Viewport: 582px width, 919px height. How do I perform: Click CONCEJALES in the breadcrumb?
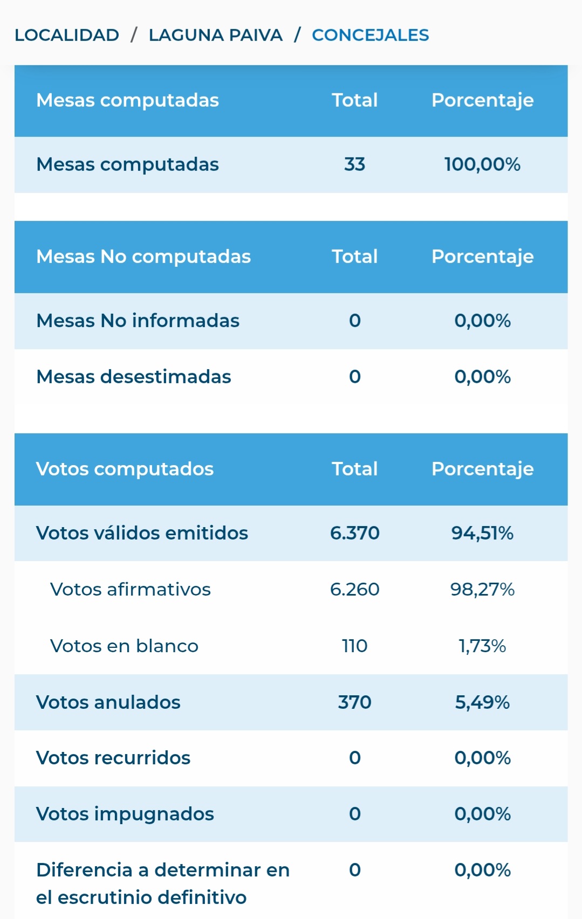370,35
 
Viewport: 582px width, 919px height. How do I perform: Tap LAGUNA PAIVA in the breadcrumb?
215,35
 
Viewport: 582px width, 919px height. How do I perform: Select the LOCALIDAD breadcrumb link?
67,35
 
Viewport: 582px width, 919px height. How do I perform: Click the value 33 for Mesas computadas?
354,164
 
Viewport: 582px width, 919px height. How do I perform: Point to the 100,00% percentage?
482,164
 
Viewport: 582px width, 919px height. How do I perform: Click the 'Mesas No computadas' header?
143,257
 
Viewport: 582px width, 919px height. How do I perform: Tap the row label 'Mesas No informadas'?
138,321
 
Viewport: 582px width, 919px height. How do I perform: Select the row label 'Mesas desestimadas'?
133,377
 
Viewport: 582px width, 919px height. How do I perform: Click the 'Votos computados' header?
125,469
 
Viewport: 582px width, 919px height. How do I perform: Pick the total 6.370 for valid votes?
354,533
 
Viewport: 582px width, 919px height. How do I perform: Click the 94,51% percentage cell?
482,533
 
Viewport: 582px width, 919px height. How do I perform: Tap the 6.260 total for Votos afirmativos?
354,589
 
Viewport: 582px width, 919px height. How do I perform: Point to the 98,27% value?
482,589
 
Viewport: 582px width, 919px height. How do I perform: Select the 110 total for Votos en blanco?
354,646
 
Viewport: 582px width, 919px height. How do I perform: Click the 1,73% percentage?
482,646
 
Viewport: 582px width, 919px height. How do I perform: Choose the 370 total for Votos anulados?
354,702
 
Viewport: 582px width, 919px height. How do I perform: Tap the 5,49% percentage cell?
482,702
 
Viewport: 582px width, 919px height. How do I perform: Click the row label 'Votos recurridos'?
113,758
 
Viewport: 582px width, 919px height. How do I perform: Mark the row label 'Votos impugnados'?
125,814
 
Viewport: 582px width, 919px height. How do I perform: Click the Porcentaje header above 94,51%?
482,469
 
